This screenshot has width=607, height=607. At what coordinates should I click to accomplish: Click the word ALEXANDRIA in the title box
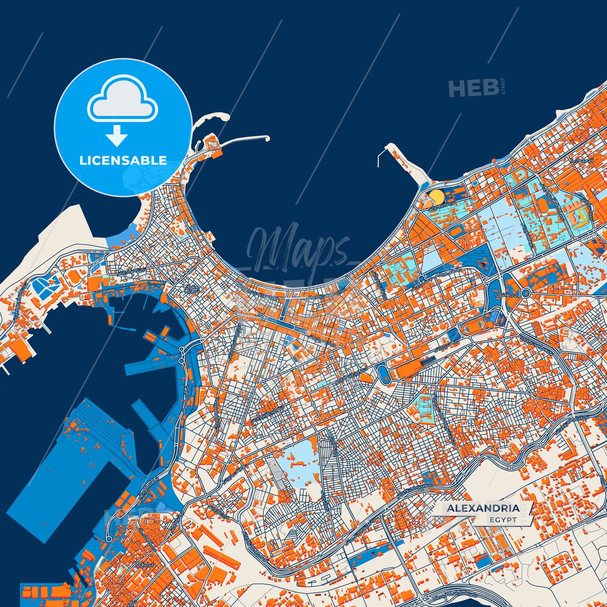(483, 508)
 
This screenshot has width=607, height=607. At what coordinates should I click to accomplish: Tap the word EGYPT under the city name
(503, 520)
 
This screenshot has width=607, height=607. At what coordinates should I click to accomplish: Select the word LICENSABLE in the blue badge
(123, 160)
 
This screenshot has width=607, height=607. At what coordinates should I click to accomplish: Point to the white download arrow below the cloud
(117, 135)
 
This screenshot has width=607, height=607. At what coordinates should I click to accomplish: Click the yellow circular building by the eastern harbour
(437, 197)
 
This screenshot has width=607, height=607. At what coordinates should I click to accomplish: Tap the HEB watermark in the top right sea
(473, 88)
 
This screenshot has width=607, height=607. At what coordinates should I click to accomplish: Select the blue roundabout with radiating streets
(525, 293)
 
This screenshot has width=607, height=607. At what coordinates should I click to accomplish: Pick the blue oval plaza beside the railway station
(383, 373)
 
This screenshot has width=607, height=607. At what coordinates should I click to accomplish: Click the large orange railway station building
(407, 368)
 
